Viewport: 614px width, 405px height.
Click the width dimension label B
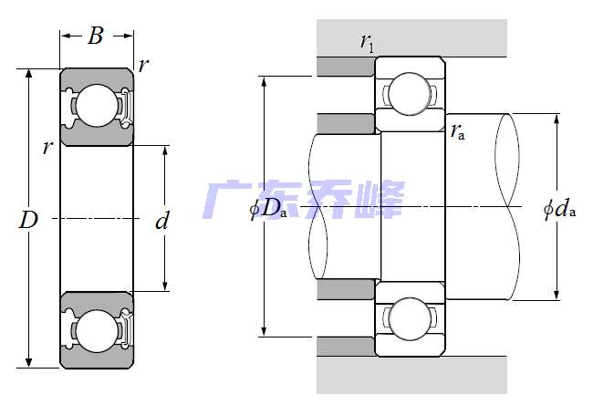(x=96, y=36)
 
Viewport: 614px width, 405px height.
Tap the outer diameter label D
(x=28, y=220)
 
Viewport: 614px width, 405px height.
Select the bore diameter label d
(x=162, y=221)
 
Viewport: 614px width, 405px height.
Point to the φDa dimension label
(x=268, y=208)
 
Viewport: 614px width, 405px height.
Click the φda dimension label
(x=560, y=209)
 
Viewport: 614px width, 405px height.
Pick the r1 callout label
(x=367, y=42)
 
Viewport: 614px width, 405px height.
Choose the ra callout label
(x=458, y=131)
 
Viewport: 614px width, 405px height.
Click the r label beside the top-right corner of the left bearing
(x=144, y=65)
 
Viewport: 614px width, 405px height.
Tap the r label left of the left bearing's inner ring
(x=47, y=148)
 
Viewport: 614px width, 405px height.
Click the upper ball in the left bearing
(x=97, y=106)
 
